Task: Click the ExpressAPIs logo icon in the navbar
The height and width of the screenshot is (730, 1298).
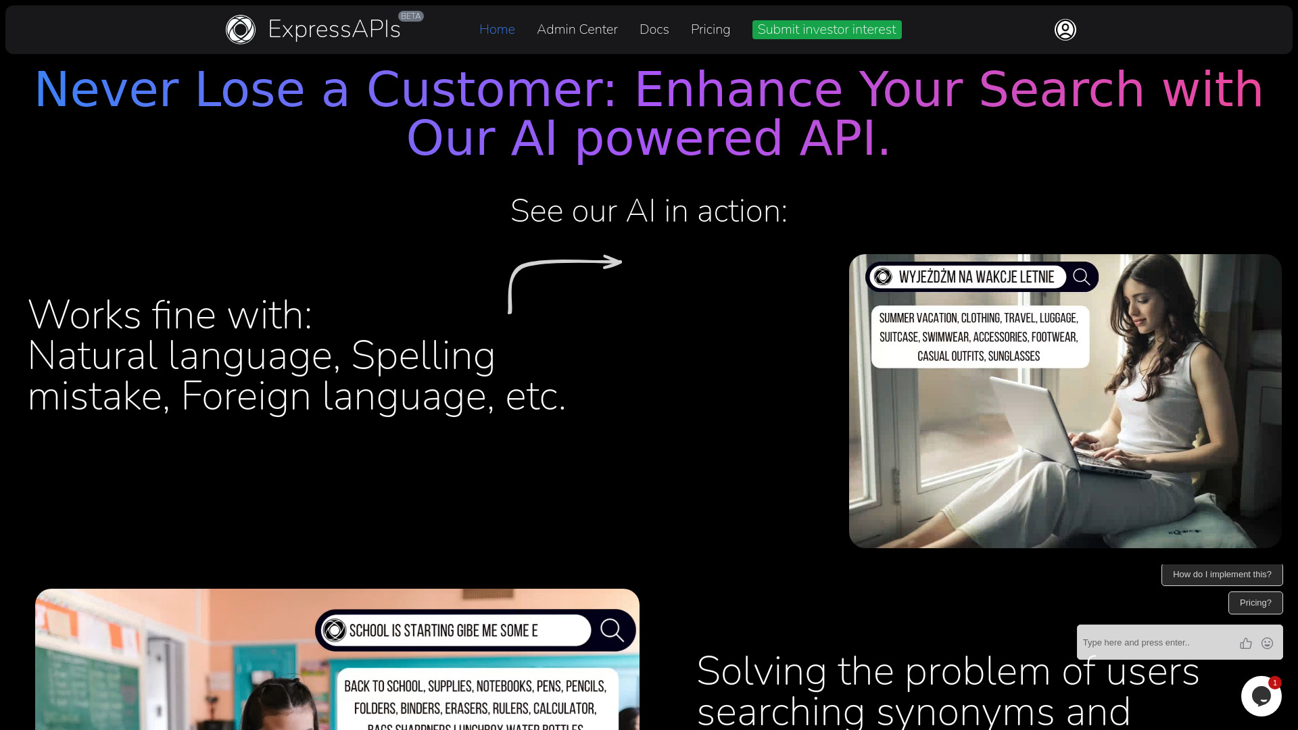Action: tap(241, 30)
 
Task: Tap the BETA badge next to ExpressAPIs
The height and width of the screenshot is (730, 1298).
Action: tap(410, 16)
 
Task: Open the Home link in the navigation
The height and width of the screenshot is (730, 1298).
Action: tap(497, 30)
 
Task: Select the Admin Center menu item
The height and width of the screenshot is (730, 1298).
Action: tap(577, 30)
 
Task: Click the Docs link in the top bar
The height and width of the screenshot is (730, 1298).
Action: tap(654, 30)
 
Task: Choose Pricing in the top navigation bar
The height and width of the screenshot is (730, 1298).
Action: tap(710, 30)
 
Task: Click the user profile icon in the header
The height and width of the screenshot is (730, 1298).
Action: tap(1065, 30)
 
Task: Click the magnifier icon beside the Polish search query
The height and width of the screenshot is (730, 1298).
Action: tap(1081, 277)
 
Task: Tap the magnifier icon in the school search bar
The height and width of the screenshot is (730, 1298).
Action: tap(612, 630)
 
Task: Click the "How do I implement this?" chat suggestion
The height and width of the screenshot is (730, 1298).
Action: tap(1222, 575)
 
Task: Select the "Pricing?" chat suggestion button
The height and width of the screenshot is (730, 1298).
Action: tap(1255, 603)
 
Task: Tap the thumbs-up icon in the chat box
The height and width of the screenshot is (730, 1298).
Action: tap(1246, 643)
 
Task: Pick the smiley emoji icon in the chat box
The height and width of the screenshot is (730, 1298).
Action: tap(1268, 643)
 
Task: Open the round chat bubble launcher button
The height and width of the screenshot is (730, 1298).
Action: tap(1260, 696)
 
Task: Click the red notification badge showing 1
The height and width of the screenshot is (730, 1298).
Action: tap(1275, 683)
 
